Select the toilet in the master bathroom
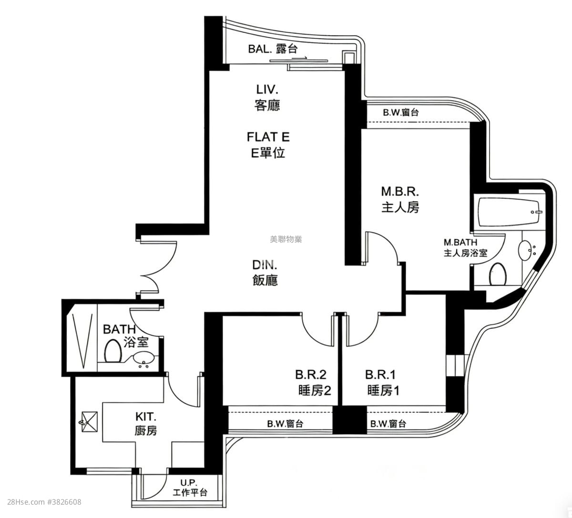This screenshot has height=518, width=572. pyautogui.click(x=498, y=274)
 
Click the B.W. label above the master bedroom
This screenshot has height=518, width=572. pyautogui.click(x=401, y=113)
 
